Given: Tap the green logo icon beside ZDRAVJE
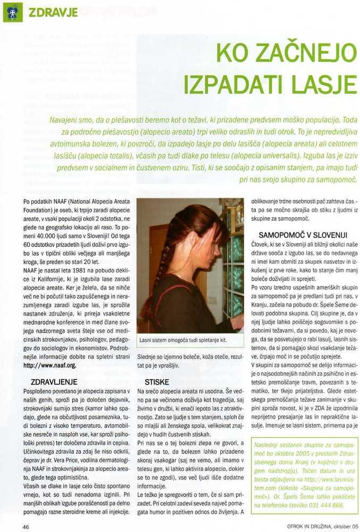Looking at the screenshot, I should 10,11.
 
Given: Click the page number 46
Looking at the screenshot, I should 25,527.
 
